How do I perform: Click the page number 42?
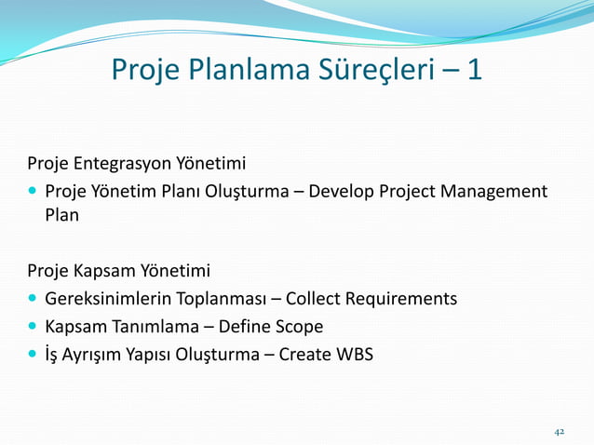560,432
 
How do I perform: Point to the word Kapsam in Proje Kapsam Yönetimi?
102,272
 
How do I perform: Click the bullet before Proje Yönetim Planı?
32,192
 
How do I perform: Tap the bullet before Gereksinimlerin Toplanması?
32,299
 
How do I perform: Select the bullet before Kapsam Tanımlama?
32,327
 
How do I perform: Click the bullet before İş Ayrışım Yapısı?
32,354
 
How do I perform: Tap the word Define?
245,327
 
